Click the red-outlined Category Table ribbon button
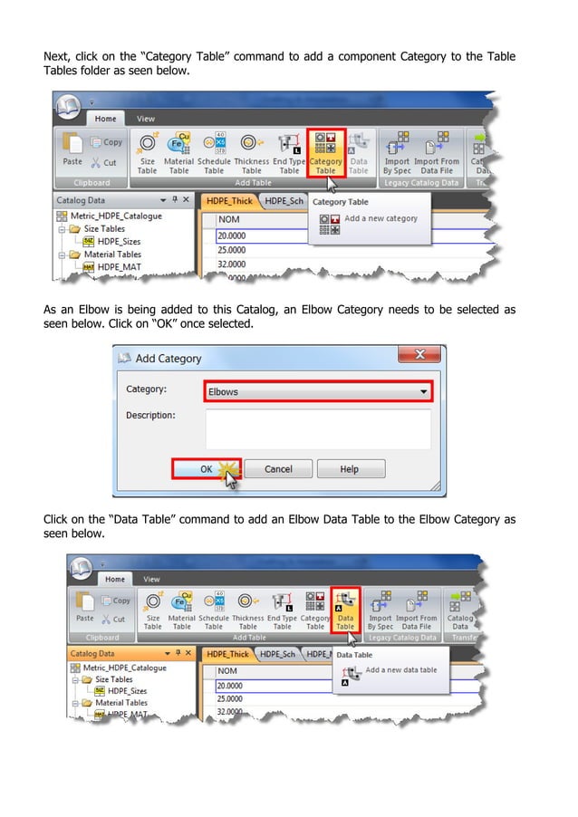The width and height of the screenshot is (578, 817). pos(324,151)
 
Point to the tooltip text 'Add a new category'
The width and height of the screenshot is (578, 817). pos(381,218)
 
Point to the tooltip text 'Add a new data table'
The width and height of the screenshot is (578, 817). pos(400,670)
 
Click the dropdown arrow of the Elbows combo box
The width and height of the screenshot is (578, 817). pos(423,391)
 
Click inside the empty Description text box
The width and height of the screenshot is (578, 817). pos(317,428)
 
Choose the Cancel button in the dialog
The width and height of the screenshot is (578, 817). pos(278,469)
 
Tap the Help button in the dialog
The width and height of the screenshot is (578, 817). pos(349,469)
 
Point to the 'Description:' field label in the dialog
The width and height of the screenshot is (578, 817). pos(150,416)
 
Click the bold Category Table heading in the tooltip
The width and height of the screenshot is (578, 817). pos(340,202)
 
